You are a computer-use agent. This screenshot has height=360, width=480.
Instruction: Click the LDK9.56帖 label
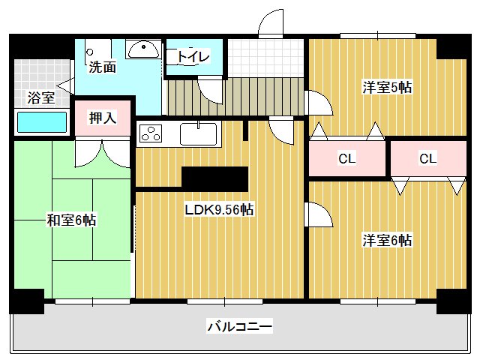click(x=219, y=211)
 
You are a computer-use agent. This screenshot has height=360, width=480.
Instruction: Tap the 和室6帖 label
click(x=71, y=220)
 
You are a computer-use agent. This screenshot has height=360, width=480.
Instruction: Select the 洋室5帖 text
click(x=387, y=88)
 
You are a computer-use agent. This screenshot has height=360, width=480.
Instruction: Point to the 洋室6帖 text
click(x=387, y=241)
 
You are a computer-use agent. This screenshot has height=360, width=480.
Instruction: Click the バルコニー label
click(x=239, y=326)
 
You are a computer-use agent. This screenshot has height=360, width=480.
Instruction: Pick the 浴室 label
click(x=40, y=97)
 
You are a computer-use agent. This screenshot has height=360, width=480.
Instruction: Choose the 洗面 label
click(x=103, y=67)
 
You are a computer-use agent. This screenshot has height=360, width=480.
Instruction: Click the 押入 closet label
click(x=102, y=118)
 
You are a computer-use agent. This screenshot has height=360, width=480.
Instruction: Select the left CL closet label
click(x=346, y=158)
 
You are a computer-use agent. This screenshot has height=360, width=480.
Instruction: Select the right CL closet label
click(x=427, y=158)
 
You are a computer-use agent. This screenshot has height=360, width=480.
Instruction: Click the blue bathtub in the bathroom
click(x=43, y=122)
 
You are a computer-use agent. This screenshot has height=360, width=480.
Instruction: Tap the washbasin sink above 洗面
click(x=142, y=49)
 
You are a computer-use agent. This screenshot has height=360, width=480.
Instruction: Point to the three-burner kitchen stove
click(x=150, y=133)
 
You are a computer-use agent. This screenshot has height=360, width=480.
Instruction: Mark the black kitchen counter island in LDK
click(x=214, y=178)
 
